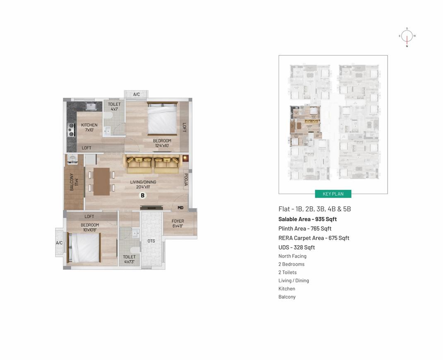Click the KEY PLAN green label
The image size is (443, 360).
coord(333,194)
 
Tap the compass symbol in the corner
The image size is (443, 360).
coord(407,36)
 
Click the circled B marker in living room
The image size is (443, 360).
coord(142,196)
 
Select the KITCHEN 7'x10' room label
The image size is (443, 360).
coord(89,128)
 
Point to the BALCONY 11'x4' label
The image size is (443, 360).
coord(74,182)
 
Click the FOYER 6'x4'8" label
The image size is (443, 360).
coord(178,224)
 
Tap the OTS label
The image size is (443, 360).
coord(151,241)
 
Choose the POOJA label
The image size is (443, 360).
coord(186,180)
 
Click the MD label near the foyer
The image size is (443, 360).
coord(181,208)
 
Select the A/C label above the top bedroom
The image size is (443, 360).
coord(136,94)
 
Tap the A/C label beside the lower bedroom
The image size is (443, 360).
coord(59,243)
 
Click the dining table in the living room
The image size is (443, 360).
coord(101,181)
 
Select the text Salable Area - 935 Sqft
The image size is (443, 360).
coord(307,219)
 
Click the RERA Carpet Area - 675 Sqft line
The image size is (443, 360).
coord(314,238)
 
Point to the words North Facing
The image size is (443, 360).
coord(292,256)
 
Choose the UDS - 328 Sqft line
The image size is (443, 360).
coord(296,247)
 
